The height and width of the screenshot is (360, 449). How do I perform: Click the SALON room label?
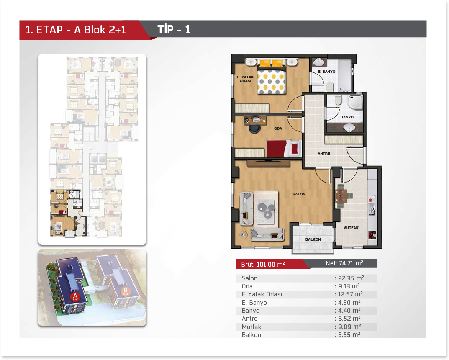pos(299,194)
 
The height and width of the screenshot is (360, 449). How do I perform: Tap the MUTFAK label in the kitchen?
pos(351,228)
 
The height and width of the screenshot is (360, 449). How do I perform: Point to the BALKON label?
pos(313,239)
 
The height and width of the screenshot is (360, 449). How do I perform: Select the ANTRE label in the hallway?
pos(323,154)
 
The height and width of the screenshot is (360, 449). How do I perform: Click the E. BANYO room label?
pos(326,72)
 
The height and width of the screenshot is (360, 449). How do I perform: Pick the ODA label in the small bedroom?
pos(278,129)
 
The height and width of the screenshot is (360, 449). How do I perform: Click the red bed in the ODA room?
pos(283,148)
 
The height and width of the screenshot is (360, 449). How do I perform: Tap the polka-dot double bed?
pos(271,77)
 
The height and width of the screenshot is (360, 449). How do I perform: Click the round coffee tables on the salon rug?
pos(265,209)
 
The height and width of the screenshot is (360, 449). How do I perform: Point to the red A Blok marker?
pos(75,297)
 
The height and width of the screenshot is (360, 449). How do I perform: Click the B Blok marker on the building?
pos(126,291)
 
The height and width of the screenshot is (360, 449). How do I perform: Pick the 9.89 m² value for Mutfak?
pos(349,327)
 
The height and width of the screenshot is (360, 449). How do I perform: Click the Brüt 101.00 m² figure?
pos(263,264)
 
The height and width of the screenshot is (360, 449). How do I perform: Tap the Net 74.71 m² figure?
pos(344,263)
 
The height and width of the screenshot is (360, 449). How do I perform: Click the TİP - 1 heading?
pos(174,29)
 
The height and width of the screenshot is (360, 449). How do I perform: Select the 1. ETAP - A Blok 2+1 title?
pos(76,30)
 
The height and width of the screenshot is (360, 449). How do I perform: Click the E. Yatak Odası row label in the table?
pos(262,294)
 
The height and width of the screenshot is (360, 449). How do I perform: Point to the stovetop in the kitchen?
pos(372,235)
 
